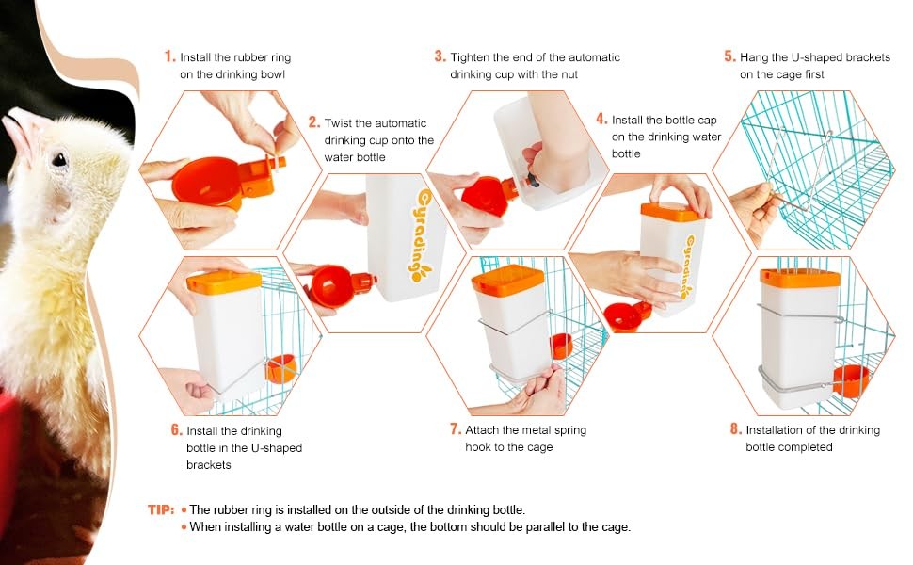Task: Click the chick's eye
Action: pyautogui.click(x=58, y=159)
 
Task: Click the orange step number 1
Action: pyautogui.click(x=169, y=57)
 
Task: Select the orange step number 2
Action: pyautogui.click(x=314, y=122)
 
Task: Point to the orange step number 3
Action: pyautogui.click(x=440, y=56)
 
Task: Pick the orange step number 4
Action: pyautogui.click(x=601, y=120)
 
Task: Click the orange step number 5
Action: pyautogui.click(x=729, y=56)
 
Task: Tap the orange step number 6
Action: pyautogui.click(x=176, y=430)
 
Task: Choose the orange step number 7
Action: pyautogui.click(x=455, y=429)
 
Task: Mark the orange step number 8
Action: pyautogui.click(x=736, y=429)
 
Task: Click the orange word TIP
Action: pyautogui.click(x=160, y=509)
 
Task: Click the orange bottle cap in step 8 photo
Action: pyautogui.click(x=800, y=278)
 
